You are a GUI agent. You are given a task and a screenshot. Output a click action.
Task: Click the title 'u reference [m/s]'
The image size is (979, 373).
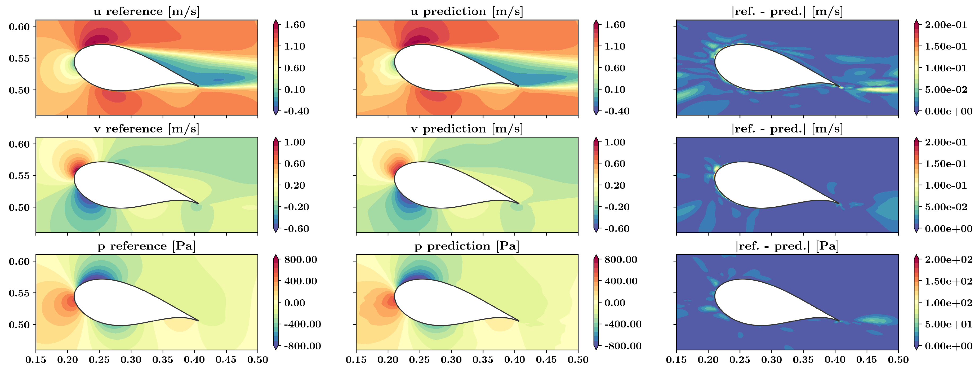pos(146,11)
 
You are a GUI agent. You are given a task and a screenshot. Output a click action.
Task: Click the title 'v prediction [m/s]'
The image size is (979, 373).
pos(467,129)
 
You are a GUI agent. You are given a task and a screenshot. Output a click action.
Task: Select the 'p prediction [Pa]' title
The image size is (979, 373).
pos(467,246)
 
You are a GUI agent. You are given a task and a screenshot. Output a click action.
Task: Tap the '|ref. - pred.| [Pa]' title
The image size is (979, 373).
pos(787,246)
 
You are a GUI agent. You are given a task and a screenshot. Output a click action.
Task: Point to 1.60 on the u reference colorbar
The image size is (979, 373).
pos(295,25)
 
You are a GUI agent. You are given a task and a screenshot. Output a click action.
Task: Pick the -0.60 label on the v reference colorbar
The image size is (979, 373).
pos(296,229)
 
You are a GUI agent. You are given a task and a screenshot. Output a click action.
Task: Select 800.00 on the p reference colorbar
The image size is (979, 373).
pos(300,260)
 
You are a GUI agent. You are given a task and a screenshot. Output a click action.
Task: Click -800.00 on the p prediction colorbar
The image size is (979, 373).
pos(622,346)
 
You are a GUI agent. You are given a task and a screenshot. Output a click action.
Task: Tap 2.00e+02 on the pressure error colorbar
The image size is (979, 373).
pos(949,260)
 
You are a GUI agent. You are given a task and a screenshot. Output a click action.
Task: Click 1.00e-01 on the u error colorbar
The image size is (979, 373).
pos(946,68)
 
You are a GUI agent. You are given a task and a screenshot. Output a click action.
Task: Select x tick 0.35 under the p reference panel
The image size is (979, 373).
pos(163,360)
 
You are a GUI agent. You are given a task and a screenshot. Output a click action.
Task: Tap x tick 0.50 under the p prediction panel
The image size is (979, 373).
pos(578,360)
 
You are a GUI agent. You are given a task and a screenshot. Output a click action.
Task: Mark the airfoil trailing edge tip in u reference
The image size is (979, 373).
pos(198,86)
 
